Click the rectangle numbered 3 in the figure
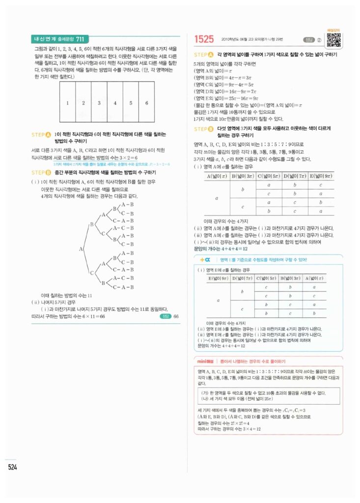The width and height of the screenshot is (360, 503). (99, 103)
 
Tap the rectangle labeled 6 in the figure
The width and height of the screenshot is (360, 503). (146, 103)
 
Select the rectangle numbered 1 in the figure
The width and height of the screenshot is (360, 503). (68, 103)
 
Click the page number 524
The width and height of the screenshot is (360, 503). (13, 467)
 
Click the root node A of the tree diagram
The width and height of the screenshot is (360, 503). (81, 249)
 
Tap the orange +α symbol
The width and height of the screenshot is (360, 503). (205, 259)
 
